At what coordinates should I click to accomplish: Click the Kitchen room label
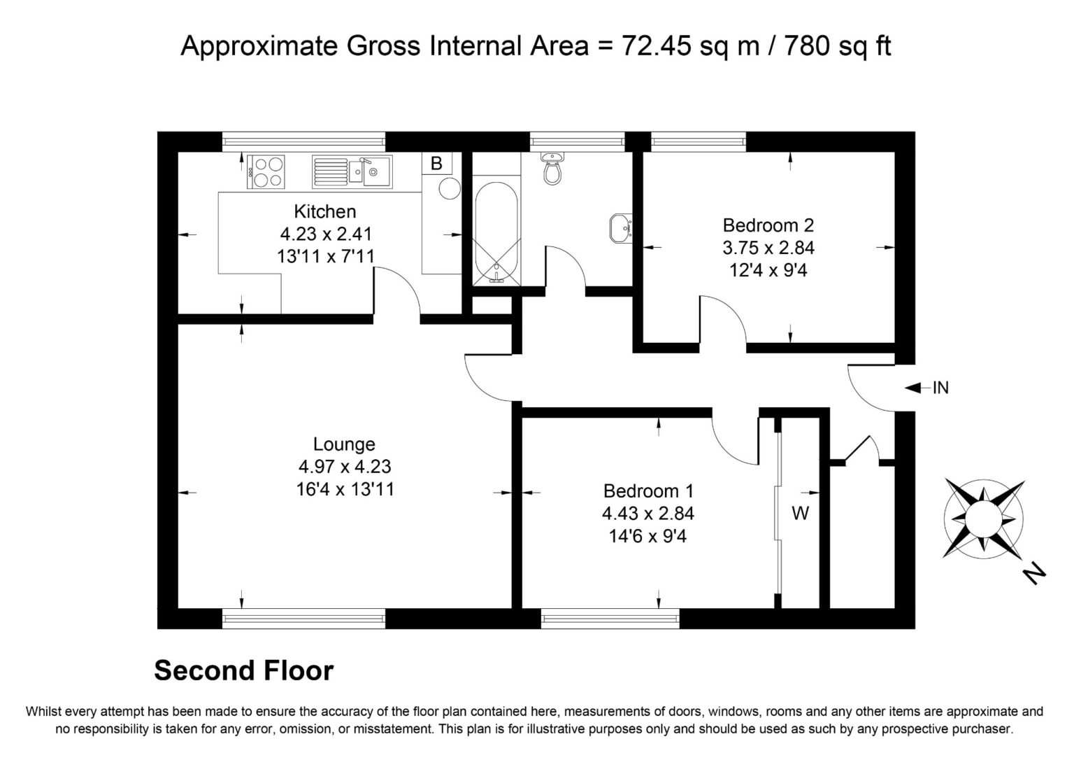pyautogui.click(x=324, y=211)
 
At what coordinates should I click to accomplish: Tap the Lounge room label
pyautogui.click(x=344, y=444)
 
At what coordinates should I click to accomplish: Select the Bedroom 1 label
pyautogui.click(x=648, y=491)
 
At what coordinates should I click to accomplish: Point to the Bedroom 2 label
pyautogui.click(x=768, y=225)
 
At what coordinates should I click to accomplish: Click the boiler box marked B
pyautogui.click(x=437, y=164)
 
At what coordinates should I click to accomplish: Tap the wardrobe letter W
pyautogui.click(x=800, y=514)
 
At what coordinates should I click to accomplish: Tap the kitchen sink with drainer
pyautogui.click(x=352, y=171)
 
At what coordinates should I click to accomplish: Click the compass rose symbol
pyautogui.click(x=983, y=517)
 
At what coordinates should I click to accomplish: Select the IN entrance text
pyautogui.click(x=940, y=388)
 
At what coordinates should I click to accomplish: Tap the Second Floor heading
pyautogui.click(x=243, y=670)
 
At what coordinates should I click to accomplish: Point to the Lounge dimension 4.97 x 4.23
pyautogui.click(x=344, y=467)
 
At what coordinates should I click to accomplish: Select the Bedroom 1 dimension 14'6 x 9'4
pyautogui.click(x=648, y=536)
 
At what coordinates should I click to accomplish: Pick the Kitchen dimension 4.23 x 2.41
pyautogui.click(x=324, y=234)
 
